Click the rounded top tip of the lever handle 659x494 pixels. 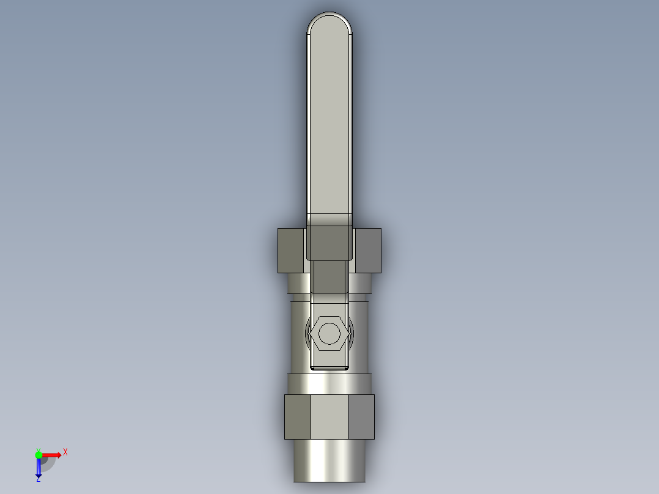330,13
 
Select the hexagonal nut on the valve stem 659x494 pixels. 330,333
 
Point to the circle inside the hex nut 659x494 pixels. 330,333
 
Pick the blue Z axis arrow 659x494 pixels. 39,466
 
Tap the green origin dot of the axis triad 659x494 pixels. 39,455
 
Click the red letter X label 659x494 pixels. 65,452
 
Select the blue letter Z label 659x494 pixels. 39,479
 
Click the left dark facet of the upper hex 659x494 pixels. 291,251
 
